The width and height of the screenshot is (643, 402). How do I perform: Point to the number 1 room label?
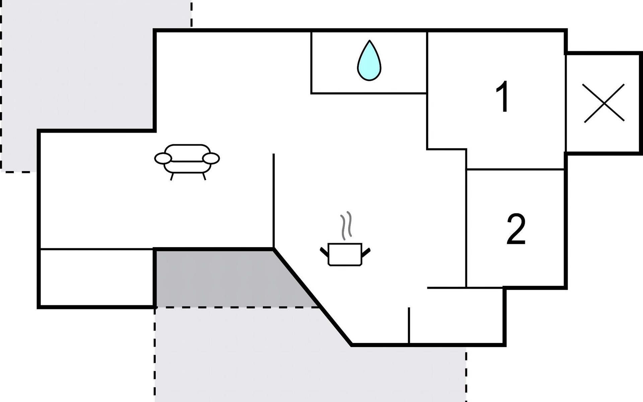click(503, 96)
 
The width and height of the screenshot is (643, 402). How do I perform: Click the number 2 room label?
click(516, 229)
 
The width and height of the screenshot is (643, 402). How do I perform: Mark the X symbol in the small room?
click(604, 103)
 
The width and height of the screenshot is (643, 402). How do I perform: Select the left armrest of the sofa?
click(163, 158)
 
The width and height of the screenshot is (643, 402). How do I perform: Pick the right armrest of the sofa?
click(211, 158)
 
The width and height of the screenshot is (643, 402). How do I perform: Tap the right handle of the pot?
click(366, 252)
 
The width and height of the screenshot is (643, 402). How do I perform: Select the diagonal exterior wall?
click(312, 297)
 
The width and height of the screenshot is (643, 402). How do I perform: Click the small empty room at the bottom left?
click(97, 277)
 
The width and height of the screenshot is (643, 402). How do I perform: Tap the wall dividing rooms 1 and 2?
click(515, 170)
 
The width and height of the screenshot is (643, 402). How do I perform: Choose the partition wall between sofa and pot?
click(274, 201)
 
